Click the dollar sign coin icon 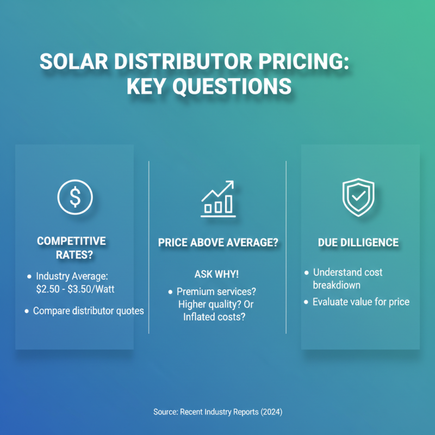tap(74, 196)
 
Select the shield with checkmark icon tap(358, 196)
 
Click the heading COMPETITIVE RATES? tap(71, 248)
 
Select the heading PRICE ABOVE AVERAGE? tap(218, 243)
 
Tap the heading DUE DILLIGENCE tap(358, 243)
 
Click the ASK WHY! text tap(216, 274)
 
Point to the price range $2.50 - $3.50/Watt tap(75, 289)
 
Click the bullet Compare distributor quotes tap(88, 311)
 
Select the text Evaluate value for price tap(361, 302)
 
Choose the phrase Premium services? tap(215, 292)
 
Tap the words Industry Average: tap(73, 276)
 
